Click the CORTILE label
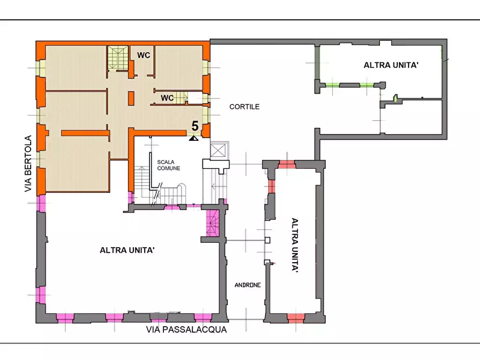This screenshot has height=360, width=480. [244, 106]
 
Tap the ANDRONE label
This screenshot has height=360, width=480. [248, 285]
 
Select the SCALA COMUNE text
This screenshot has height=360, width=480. [168, 165]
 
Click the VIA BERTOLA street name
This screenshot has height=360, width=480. [28, 163]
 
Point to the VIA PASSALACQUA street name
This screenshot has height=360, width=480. [186, 329]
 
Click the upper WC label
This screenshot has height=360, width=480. [144, 55]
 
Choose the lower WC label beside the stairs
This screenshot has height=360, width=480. [167, 98]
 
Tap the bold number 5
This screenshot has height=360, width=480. [195, 126]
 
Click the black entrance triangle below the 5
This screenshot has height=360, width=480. [194, 139]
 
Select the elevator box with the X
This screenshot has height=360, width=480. [219, 150]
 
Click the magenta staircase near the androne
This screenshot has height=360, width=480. [213, 223]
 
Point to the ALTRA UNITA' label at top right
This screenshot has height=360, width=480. [391, 65]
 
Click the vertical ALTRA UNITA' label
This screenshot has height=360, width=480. [295, 244]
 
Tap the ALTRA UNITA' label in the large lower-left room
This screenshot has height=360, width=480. [127, 250]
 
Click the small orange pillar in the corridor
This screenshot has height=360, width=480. [131, 98]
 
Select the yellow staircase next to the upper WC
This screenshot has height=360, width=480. [118, 57]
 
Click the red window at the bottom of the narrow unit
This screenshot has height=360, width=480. [296, 318]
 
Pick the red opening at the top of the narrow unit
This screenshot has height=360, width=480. [286, 165]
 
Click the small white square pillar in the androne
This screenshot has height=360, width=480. [267, 240]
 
